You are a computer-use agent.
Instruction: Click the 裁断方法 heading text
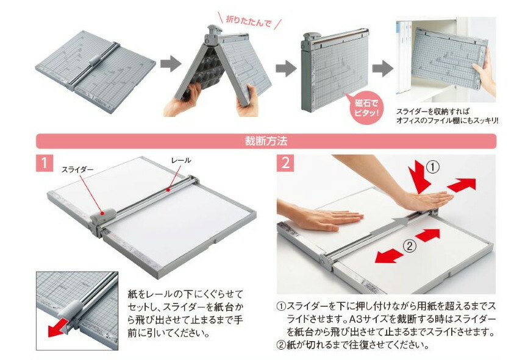click(x=266, y=141)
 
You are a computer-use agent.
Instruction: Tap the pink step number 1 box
click(x=45, y=163)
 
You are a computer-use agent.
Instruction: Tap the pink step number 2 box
click(x=285, y=163)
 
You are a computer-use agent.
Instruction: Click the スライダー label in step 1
click(x=77, y=170)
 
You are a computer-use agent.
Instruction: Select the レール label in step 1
click(x=181, y=160)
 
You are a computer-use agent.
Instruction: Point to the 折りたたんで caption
click(x=249, y=21)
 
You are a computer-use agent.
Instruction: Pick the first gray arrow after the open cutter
click(x=171, y=63)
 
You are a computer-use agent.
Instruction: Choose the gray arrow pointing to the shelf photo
click(x=382, y=69)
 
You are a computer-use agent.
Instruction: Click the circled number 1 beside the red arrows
click(x=433, y=167)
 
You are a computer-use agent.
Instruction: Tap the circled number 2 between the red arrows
click(x=410, y=246)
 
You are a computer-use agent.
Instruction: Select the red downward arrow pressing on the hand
click(x=419, y=178)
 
